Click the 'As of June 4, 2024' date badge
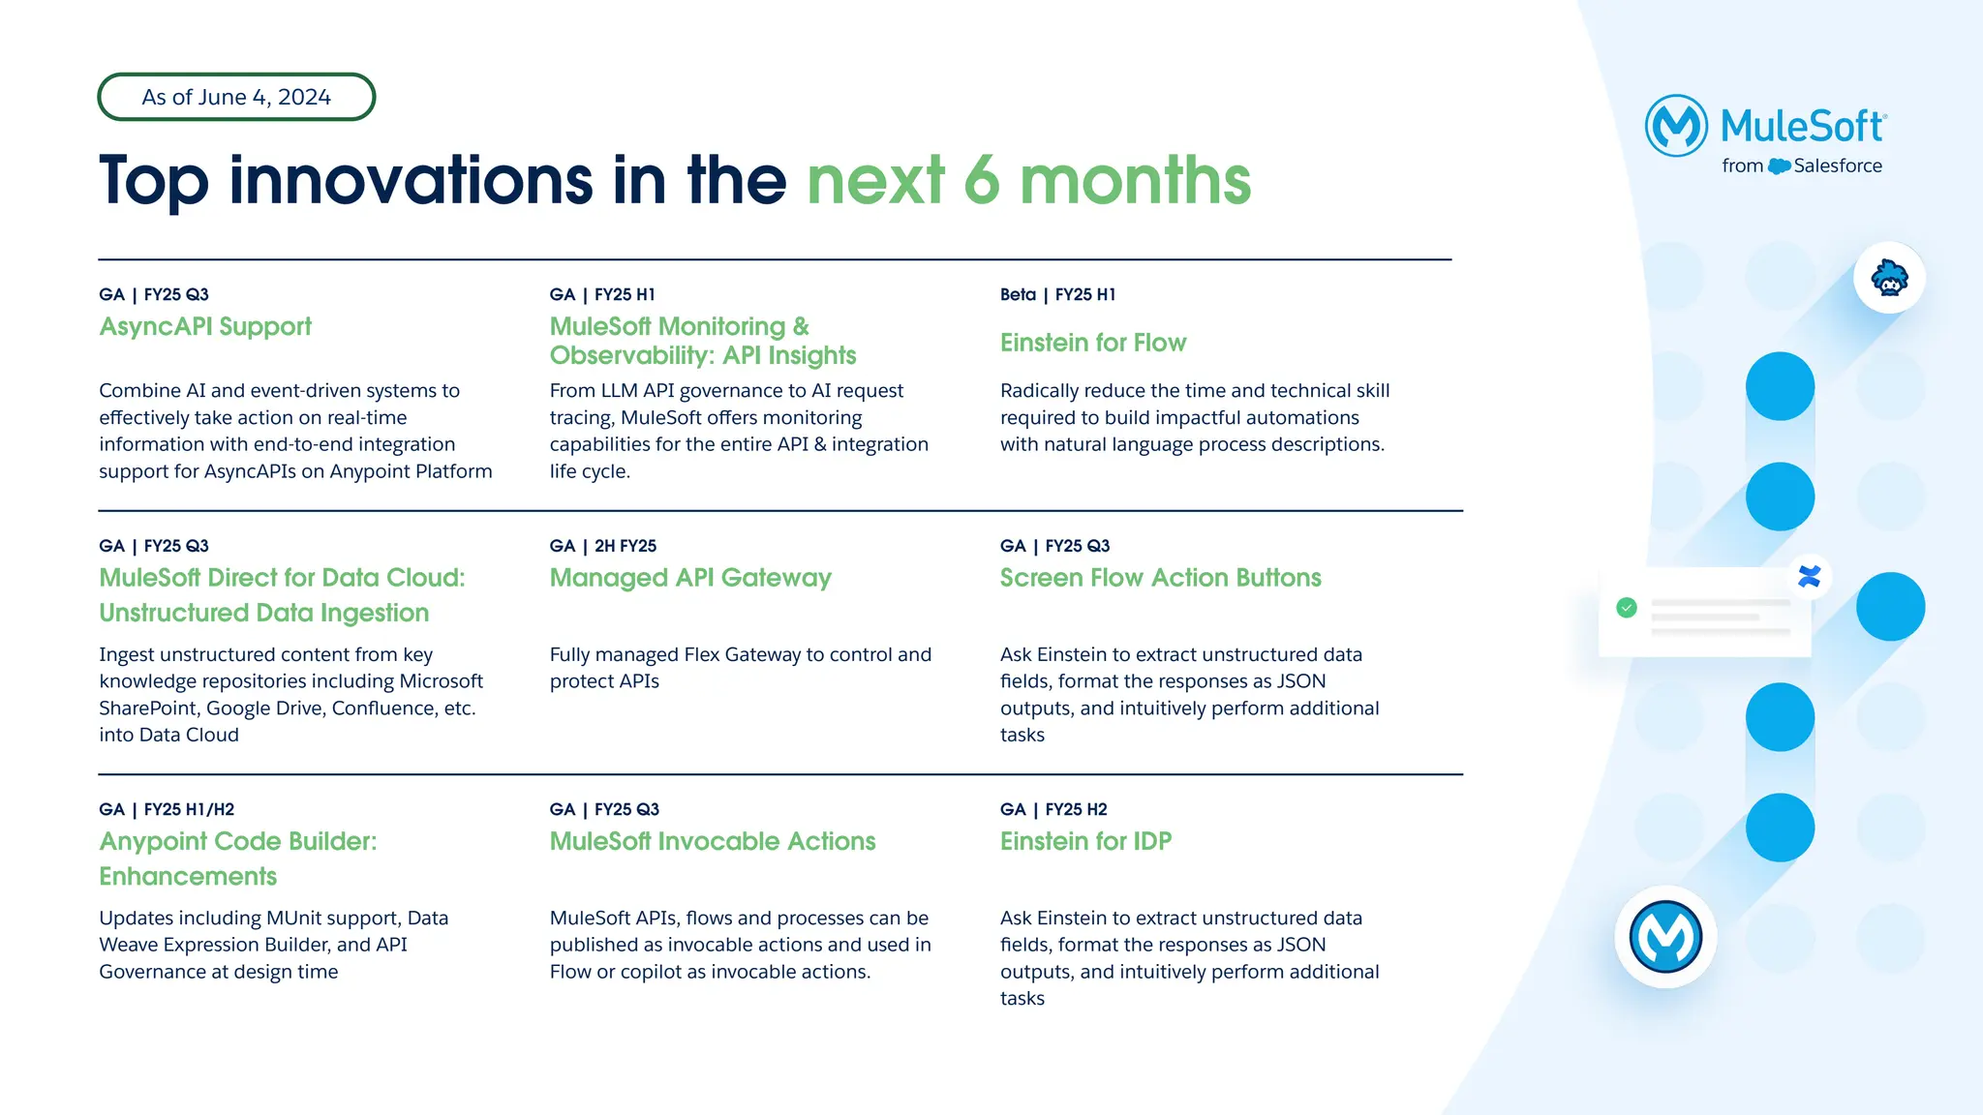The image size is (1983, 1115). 236,97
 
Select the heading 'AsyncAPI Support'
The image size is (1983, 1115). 205,327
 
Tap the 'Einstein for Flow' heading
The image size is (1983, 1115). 1092,343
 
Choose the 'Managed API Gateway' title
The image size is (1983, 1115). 690,578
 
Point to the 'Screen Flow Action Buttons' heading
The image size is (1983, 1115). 1160,578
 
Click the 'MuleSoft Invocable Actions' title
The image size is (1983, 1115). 713,841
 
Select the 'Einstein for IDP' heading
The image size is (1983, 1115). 1085,841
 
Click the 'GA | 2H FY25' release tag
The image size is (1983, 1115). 602,546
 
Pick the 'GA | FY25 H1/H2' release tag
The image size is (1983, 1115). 167,809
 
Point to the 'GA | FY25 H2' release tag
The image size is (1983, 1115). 1053,809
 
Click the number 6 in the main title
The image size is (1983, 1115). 981,181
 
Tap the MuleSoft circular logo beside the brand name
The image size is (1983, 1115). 1676,126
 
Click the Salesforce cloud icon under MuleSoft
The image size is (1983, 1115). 1779,166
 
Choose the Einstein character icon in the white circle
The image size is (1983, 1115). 1889,279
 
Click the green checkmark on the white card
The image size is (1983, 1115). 1627,608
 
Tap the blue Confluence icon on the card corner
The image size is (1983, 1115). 1809,577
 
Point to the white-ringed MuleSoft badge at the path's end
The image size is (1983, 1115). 1665,937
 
